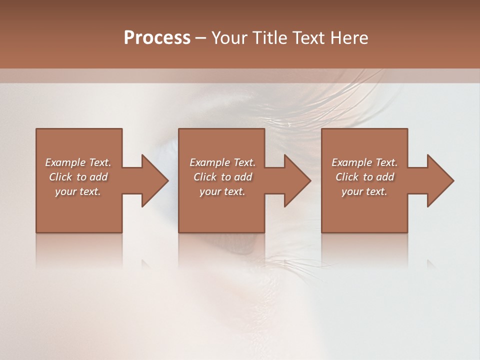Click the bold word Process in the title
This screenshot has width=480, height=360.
[x=157, y=37]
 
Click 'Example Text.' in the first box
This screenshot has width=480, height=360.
[x=78, y=162]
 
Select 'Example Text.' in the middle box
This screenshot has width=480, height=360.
[x=222, y=162]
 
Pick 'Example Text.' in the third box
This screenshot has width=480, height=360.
[x=364, y=162]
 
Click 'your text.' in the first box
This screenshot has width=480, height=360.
[x=78, y=191]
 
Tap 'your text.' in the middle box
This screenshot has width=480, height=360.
[x=222, y=191]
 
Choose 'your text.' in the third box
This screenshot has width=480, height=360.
[x=364, y=191]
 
